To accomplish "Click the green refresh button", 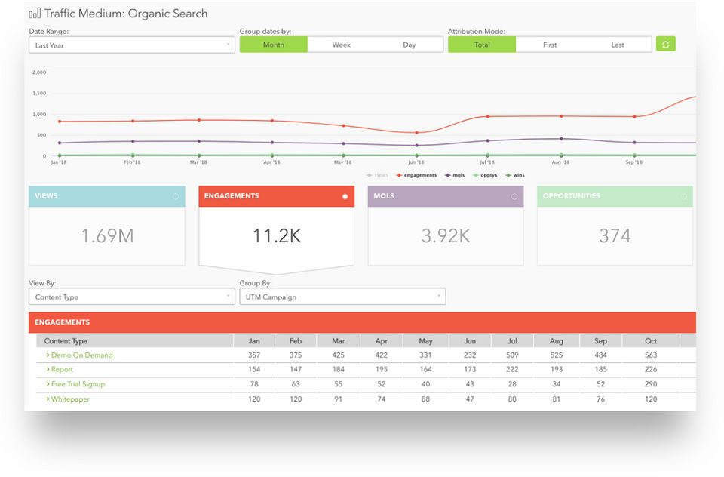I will (665, 45).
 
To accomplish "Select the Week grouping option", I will (341, 45).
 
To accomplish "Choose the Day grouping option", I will (409, 45).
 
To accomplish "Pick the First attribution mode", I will (550, 45).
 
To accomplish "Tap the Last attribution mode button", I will (617, 45).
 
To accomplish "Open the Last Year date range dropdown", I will (131, 45).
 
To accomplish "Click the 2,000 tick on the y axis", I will (39, 72).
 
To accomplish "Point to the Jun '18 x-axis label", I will (415, 162).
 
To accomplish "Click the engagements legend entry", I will (417, 175).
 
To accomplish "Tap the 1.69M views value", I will (107, 235).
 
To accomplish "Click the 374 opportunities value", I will (615, 235).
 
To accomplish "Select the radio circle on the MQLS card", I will (514, 197).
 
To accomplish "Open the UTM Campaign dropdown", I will (342, 297).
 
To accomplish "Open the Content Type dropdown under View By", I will (131, 297).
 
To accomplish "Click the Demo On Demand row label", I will (81, 355).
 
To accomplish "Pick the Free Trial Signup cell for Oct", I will (650, 384).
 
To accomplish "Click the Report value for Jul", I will (512, 370).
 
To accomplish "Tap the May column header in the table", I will (425, 341).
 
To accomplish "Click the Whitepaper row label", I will (70, 399).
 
